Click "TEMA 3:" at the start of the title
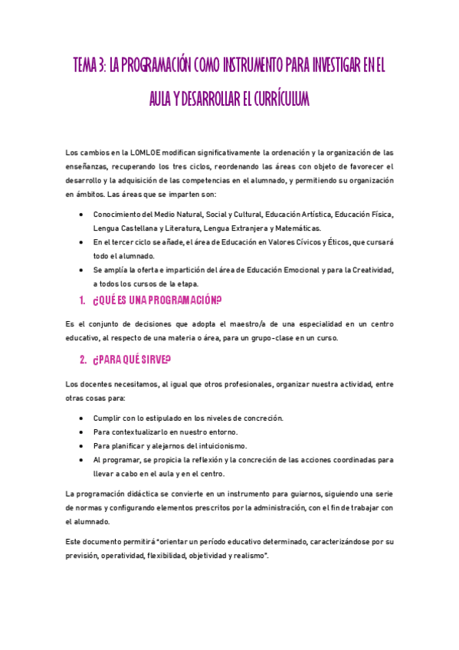89,66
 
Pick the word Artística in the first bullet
289,215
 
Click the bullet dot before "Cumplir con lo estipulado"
82,418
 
